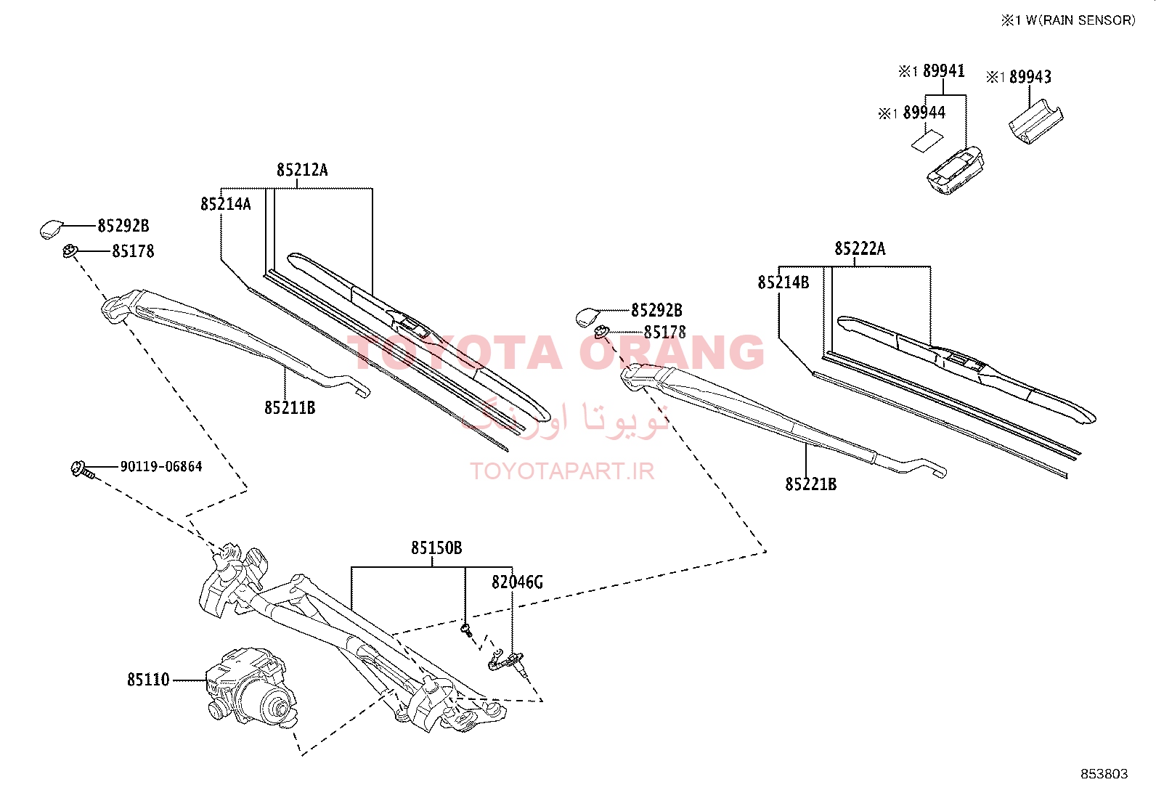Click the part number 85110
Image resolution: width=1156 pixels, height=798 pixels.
click(x=148, y=680)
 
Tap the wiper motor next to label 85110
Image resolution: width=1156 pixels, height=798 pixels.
click(x=252, y=688)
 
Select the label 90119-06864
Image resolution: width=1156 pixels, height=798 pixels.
click(x=161, y=467)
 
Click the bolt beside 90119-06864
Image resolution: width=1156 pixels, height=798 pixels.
click(x=82, y=469)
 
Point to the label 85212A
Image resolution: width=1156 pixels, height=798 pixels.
click(x=302, y=170)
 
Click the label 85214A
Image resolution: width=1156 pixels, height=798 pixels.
click(x=226, y=205)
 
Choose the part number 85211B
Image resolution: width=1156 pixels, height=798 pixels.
click(x=290, y=408)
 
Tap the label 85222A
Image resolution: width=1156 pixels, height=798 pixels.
click(x=860, y=249)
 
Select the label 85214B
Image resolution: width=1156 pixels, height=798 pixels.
click(x=783, y=282)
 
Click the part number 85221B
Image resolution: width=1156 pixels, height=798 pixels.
click(x=811, y=484)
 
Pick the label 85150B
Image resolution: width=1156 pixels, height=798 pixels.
click(x=436, y=547)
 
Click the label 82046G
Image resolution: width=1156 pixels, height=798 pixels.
click(x=517, y=582)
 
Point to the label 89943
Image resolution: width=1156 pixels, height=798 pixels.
click(x=1030, y=77)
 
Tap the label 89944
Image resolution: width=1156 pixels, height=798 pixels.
click(x=924, y=113)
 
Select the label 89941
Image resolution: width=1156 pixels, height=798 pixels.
click(x=944, y=70)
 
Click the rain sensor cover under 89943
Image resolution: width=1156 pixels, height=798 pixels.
click(x=1035, y=122)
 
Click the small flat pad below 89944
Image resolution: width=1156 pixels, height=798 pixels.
click(x=927, y=142)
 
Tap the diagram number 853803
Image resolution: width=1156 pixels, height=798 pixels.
click(x=1104, y=774)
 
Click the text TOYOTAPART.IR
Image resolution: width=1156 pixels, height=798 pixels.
click(x=562, y=471)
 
